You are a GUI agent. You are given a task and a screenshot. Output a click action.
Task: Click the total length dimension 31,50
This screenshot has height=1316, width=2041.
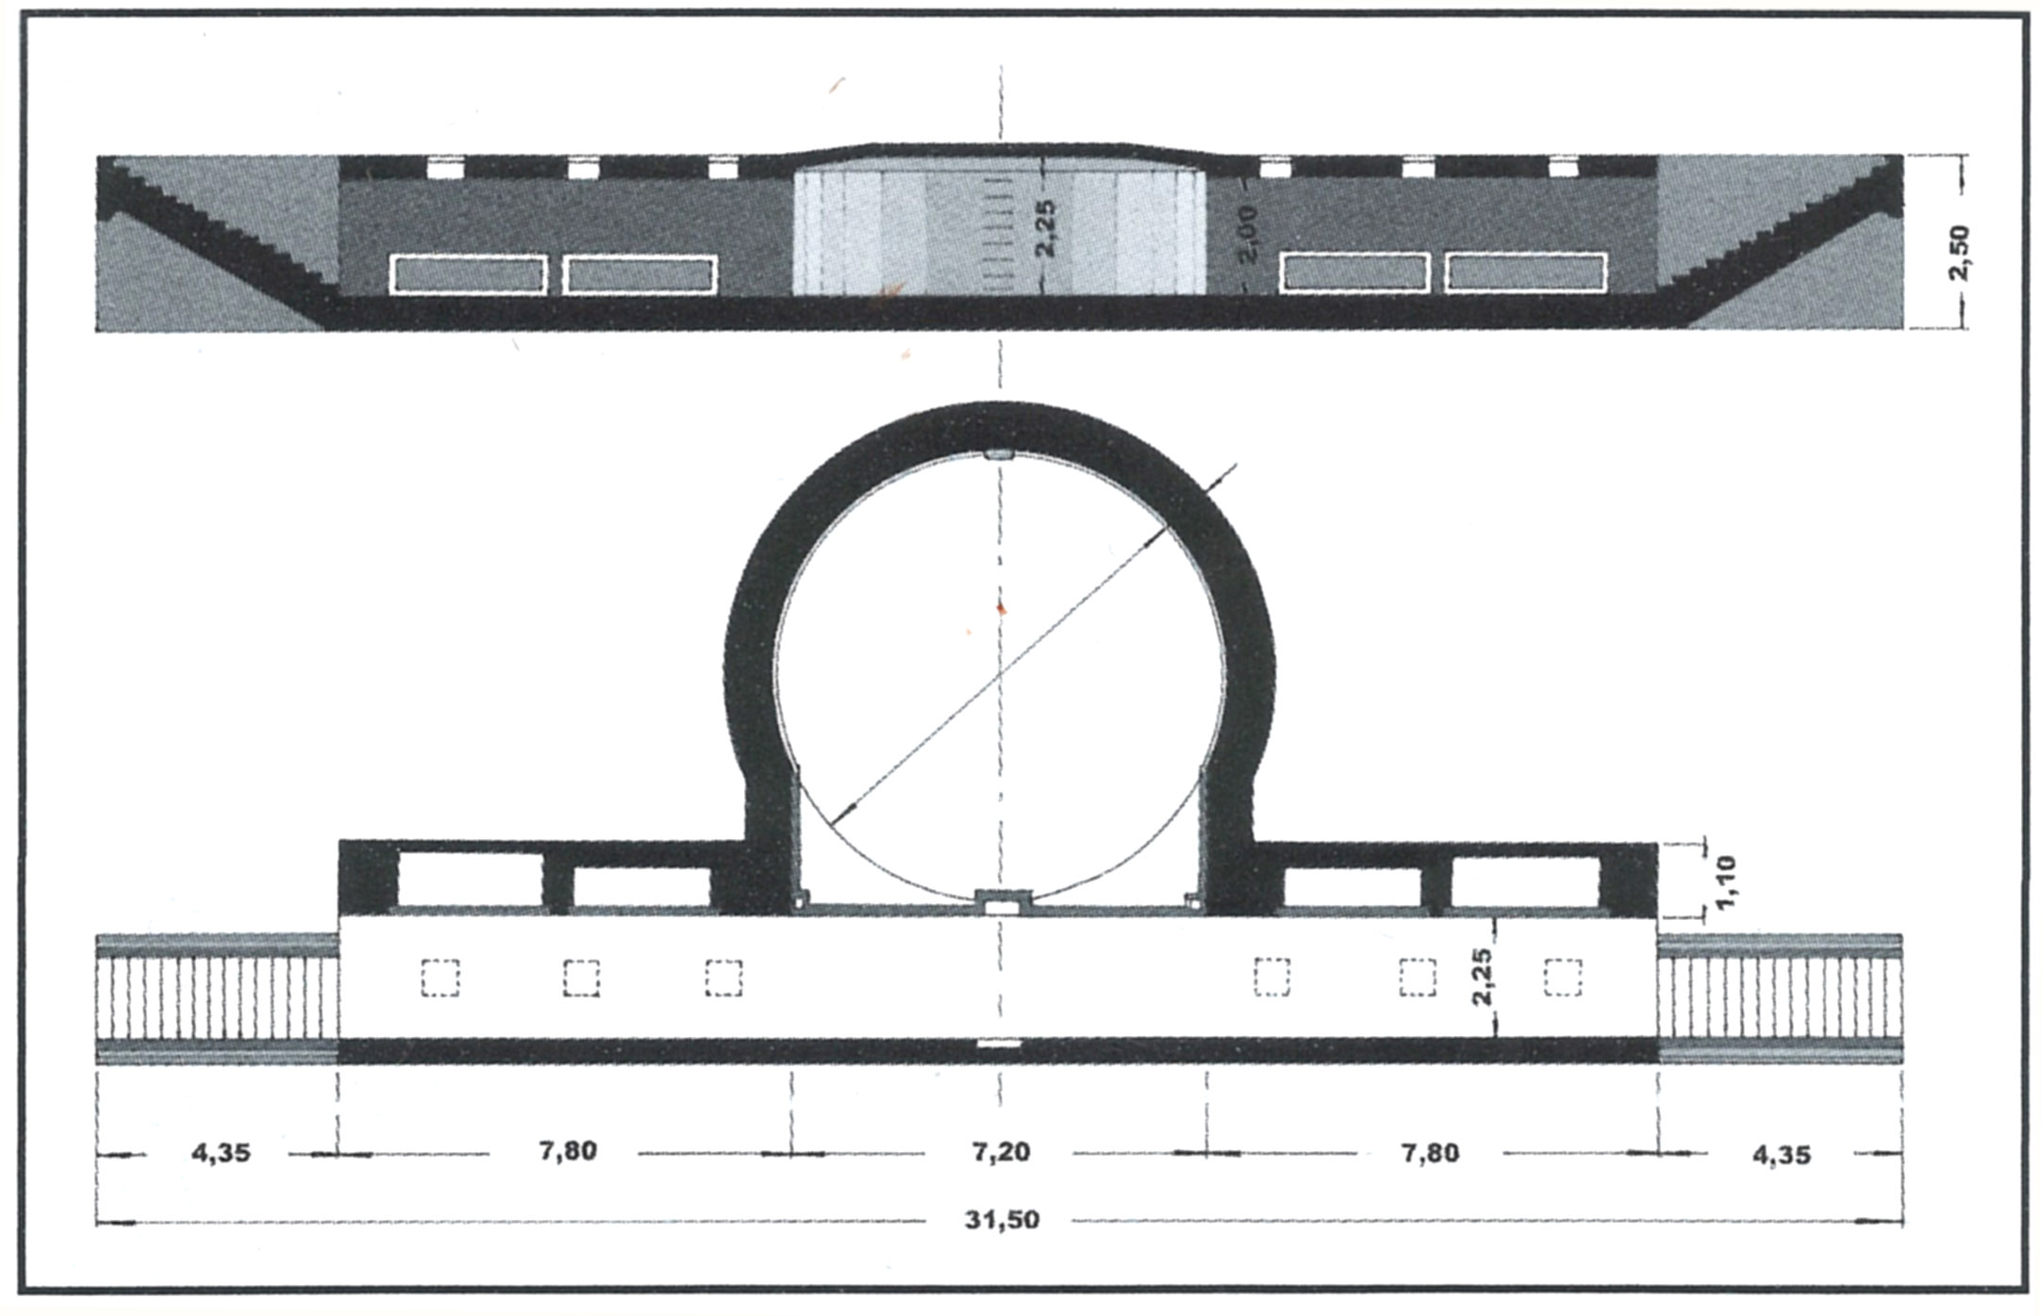1002,1220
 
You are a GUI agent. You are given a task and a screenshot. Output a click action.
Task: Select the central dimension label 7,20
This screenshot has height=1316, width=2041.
1001,1152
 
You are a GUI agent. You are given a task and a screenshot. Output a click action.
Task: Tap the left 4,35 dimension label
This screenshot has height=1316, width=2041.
221,1153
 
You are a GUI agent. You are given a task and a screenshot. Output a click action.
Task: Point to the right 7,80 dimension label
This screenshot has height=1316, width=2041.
1430,1153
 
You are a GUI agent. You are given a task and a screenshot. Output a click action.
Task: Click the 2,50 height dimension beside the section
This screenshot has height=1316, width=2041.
1960,252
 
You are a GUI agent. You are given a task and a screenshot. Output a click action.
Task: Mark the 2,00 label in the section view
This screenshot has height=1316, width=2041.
1247,235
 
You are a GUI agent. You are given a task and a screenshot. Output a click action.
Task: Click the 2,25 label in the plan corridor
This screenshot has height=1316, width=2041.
1482,977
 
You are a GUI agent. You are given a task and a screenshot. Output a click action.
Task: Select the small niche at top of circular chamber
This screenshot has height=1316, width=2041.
999,455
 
